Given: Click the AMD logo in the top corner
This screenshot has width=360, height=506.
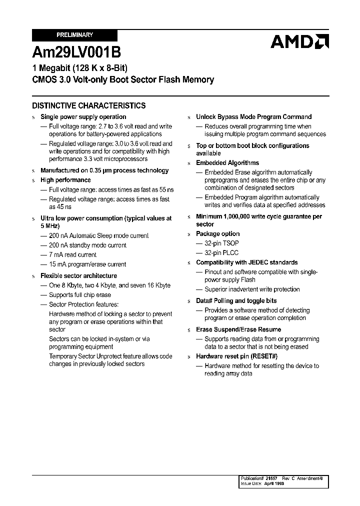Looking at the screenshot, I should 299,41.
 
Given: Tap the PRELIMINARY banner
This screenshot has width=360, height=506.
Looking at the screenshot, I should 74,35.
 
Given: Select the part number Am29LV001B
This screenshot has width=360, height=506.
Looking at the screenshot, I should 76,52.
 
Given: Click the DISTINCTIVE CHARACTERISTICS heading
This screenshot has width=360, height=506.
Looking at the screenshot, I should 89,105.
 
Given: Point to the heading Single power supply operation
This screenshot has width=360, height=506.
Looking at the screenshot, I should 83,116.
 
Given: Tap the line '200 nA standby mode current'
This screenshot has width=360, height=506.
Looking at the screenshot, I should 87,245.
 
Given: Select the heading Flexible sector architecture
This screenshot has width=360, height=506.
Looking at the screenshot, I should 78,275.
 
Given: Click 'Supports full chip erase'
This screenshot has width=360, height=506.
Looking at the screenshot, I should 79,295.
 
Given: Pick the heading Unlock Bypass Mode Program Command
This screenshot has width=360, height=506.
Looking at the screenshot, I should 253,116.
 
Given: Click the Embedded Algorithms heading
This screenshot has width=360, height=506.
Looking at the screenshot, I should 227,162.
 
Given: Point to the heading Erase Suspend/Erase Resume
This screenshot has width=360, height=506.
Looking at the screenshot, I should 238,329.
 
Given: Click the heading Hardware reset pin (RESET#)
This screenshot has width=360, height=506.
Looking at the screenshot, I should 236,356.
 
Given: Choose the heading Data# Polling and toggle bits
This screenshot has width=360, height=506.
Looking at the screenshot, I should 236,300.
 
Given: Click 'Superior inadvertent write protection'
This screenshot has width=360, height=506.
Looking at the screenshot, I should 252,289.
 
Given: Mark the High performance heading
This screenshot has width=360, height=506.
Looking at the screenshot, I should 65,180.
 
